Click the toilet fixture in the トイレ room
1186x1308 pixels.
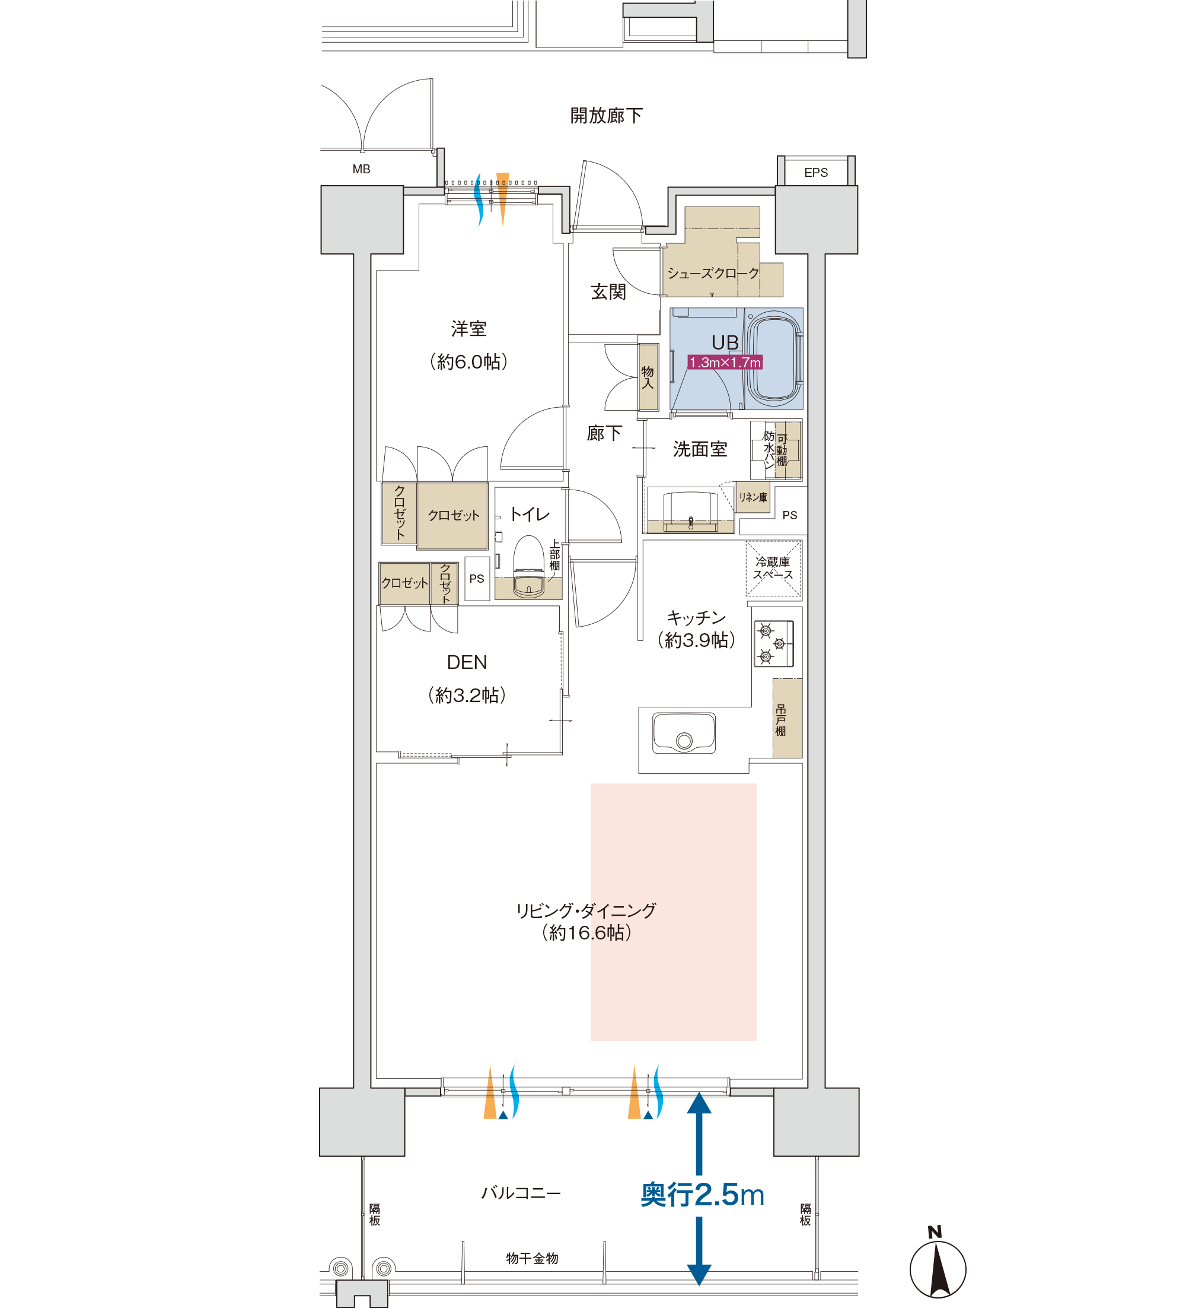pos(528,566)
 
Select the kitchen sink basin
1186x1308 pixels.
pos(684,733)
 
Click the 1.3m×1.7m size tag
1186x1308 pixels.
pos(725,362)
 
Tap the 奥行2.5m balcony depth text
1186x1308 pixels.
pos(702,1195)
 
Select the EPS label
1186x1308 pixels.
pos(816,173)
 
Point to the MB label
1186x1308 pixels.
pos(361,169)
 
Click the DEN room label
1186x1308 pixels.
pos(467,662)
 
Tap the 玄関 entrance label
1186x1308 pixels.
pos(608,292)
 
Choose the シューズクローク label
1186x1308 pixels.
pos(713,273)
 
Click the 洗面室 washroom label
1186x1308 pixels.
pos(700,449)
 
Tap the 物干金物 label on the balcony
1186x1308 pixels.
pos(532,1258)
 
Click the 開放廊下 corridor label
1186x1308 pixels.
pos(606,116)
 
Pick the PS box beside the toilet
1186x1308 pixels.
pos(477,578)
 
